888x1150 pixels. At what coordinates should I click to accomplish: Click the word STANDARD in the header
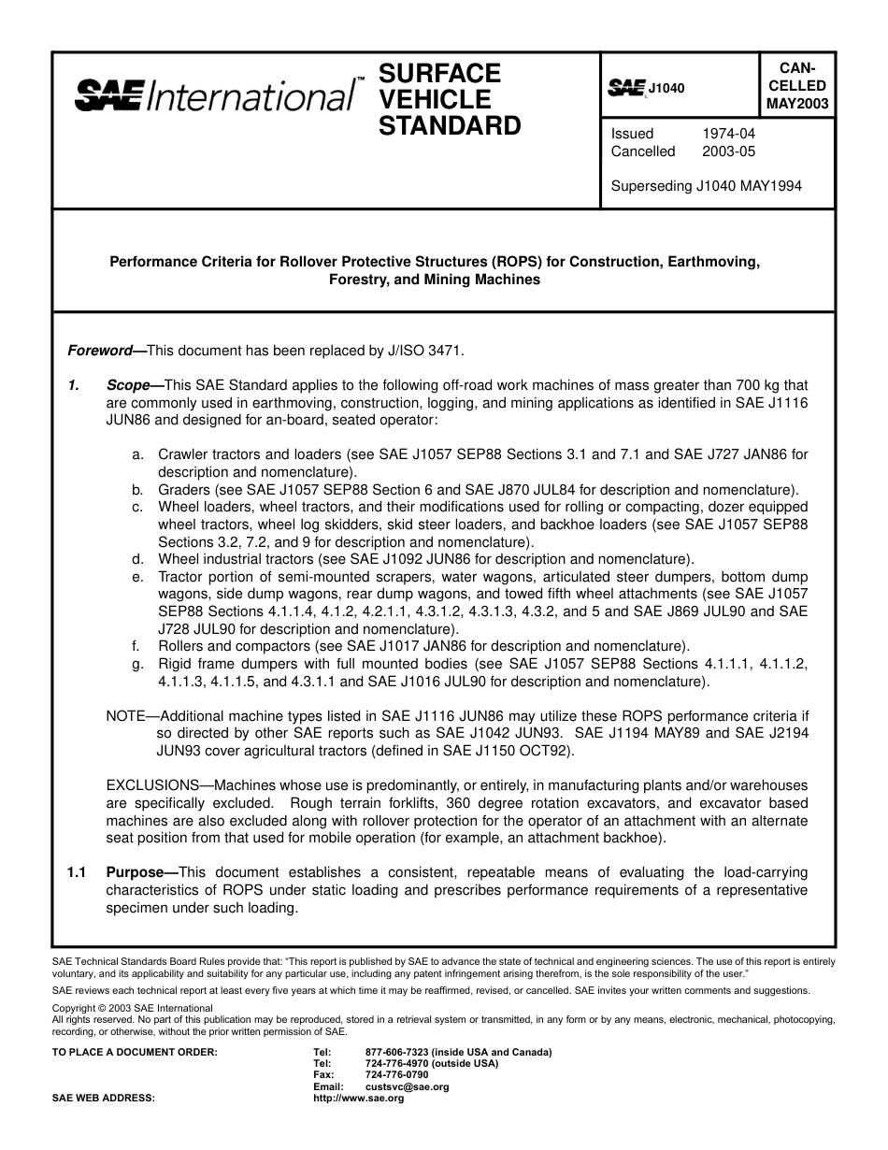[x=450, y=125]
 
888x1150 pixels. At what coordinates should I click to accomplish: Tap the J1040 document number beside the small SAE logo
[x=666, y=88]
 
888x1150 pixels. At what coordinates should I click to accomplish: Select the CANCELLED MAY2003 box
[x=797, y=85]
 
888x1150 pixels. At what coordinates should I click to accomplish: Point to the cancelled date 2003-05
[x=728, y=151]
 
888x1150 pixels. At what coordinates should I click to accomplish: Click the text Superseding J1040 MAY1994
[x=706, y=186]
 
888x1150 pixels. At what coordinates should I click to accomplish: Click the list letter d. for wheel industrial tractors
[x=137, y=560]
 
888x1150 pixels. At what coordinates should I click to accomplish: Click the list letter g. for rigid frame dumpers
[x=137, y=665]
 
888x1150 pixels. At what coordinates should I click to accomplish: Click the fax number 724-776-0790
[x=397, y=1075]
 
